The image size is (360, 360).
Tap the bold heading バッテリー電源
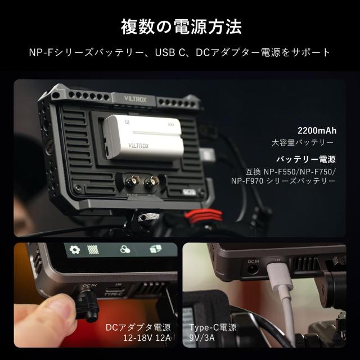(307, 159)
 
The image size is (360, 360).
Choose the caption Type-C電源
(213, 327)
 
